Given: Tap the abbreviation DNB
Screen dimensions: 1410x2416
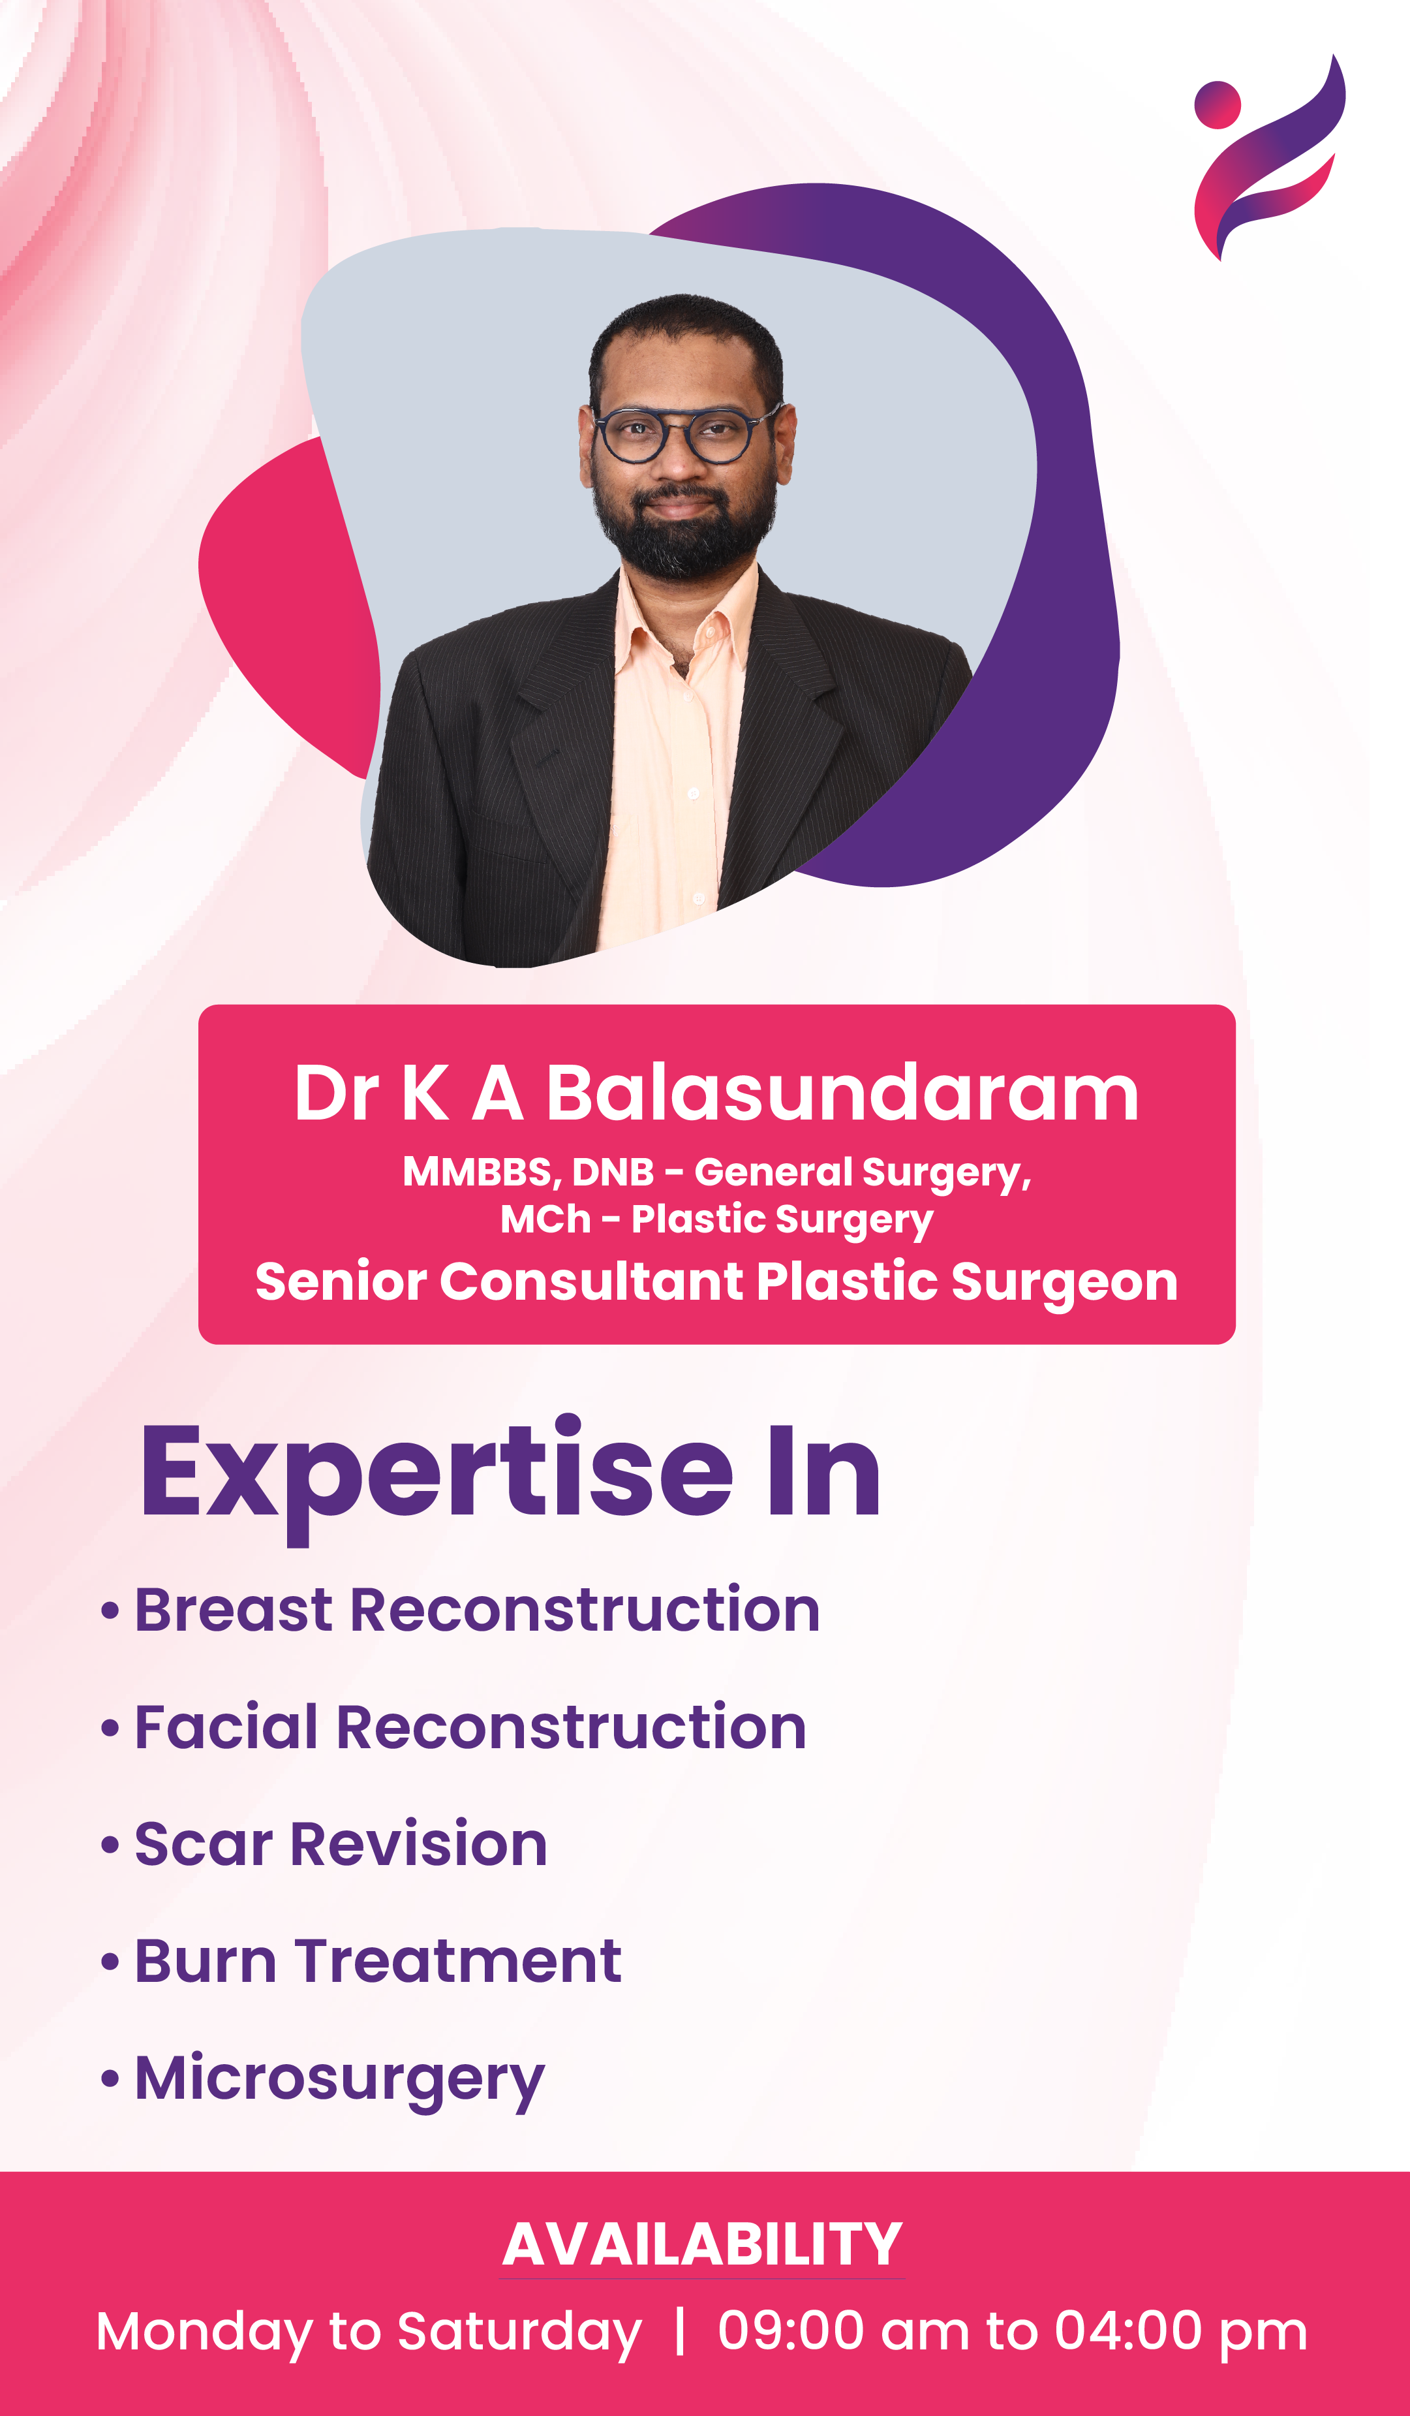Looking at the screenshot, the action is click(613, 1172).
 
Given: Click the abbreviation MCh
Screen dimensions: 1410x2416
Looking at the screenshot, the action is click(545, 1219).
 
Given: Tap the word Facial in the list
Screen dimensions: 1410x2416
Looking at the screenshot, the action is click(226, 1728).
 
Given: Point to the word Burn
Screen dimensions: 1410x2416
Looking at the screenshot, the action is click(205, 1962).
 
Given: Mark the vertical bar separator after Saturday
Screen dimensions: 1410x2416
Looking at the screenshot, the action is click(680, 2332).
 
